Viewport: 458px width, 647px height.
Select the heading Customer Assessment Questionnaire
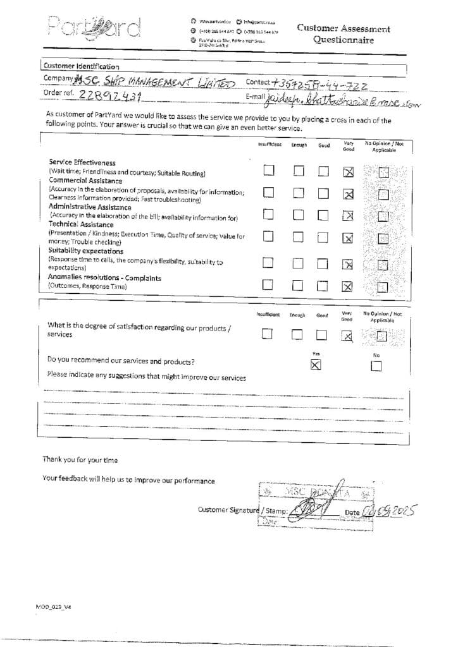pyautogui.click(x=343, y=34)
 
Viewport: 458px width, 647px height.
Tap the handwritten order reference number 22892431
pyautogui.click(x=111, y=96)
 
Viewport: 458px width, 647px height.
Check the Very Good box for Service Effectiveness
pyautogui.click(x=347, y=171)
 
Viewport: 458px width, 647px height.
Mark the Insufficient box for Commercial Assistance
pyautogui.click(x=269, y=193)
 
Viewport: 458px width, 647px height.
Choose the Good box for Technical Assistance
pyautogui.click(x=323, y=238)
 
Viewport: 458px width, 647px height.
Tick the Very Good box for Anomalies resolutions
pyautogui.click(x=347, y=286)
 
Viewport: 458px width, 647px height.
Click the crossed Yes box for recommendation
pyautogui.click(x=316, y=364)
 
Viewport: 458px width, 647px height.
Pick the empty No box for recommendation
pyautogui.click(x=376, y=365)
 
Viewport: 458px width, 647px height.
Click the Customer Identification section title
pyautogui.click(x=80, y=66)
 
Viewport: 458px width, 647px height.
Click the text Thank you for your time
pyautogui.click(x=80, y=459)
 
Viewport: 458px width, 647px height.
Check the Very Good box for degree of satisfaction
pyautogui.click(x=347, y=336)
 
